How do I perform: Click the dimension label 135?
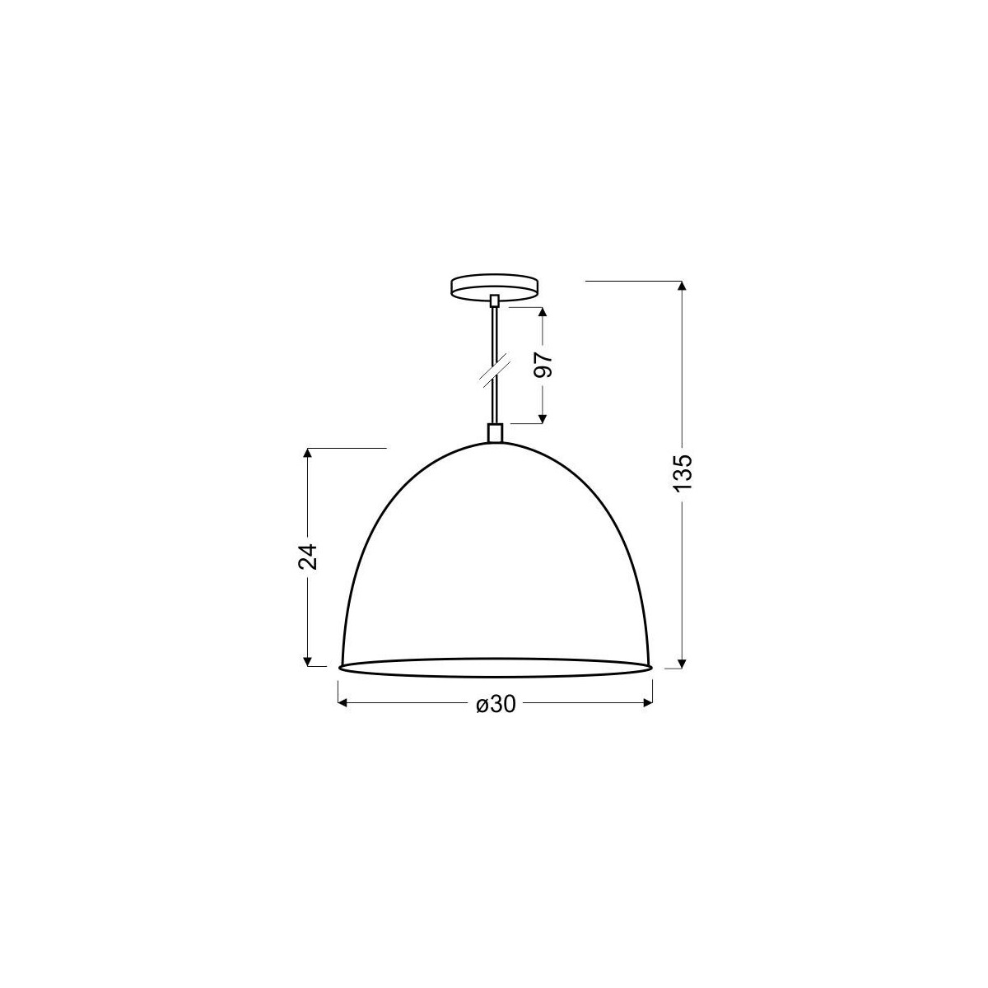pos(687,473)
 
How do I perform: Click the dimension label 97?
pos(543,364)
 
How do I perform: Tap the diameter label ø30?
pos(496,704)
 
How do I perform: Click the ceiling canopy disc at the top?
pos(495,287)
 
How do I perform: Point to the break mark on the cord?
pos(493,373)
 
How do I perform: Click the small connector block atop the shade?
pos(494,433)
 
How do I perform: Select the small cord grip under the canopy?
pos(494,301)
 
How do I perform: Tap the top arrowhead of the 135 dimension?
pos(681,287)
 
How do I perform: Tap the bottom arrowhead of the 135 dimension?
pos(681,663)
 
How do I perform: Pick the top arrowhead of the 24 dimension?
pos(308,454)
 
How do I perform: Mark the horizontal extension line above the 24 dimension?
pos(346,449)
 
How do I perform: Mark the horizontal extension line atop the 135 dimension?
pos(634,282)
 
